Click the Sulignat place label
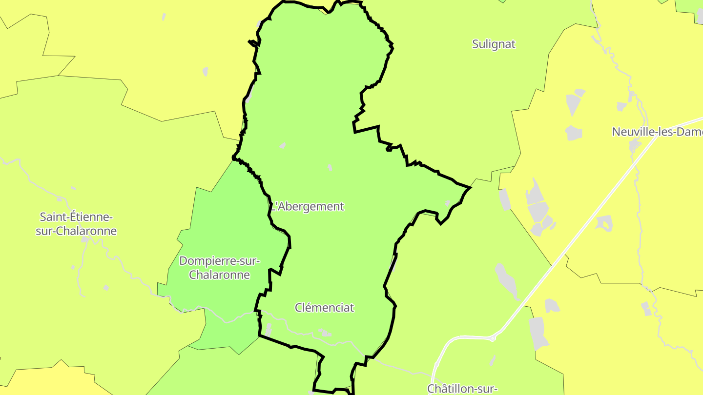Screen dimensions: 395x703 (494, 44)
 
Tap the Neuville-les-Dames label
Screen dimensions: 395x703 (657, 132)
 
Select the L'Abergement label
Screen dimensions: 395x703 (308, 206)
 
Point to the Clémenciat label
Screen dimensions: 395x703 (324, 308)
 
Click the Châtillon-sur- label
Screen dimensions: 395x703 (462, 388)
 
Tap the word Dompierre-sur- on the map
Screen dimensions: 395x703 (220, 261)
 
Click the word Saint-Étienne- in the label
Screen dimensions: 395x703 (76, 217)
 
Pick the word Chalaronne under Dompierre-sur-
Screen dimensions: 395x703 (220, 275)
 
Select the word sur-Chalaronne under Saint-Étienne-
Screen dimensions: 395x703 (76, 231)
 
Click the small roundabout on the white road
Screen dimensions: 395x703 (493, 337)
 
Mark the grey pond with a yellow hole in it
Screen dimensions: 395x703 (604, 223)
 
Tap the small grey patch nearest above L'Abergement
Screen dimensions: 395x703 (331, 167)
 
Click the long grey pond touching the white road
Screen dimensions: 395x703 (507, 282)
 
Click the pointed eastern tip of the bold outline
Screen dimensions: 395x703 (470, 187)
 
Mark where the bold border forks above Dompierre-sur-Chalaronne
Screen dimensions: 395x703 (235, 158)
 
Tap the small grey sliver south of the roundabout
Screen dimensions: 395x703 (493, 360)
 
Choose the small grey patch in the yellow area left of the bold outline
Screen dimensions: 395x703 (205, 72)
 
